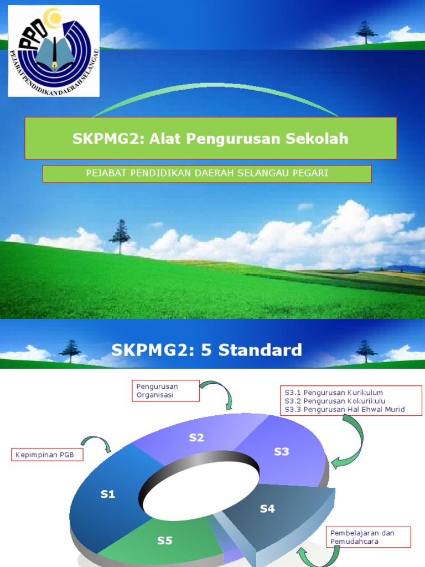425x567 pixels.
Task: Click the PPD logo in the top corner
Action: point(54,50)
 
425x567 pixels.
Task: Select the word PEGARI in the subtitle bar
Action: point(310,173)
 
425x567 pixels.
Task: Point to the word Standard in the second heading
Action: point(263,350)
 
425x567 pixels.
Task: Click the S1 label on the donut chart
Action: point(107,494)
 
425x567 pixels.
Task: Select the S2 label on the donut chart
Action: point(196,437)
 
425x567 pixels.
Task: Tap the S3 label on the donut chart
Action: point(282,451)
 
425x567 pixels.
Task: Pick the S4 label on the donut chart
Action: point(267,508)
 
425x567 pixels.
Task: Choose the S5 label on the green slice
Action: point(165,540)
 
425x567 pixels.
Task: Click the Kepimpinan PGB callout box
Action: point(47,455)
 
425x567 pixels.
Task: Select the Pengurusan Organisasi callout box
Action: point(165,390)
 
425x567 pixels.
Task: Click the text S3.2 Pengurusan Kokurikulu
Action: point(335,401)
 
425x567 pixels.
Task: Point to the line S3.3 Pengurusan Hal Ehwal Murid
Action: point(344,409)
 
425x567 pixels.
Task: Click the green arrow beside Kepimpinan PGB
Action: point(97,443)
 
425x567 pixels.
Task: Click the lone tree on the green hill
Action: point(120,236)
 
